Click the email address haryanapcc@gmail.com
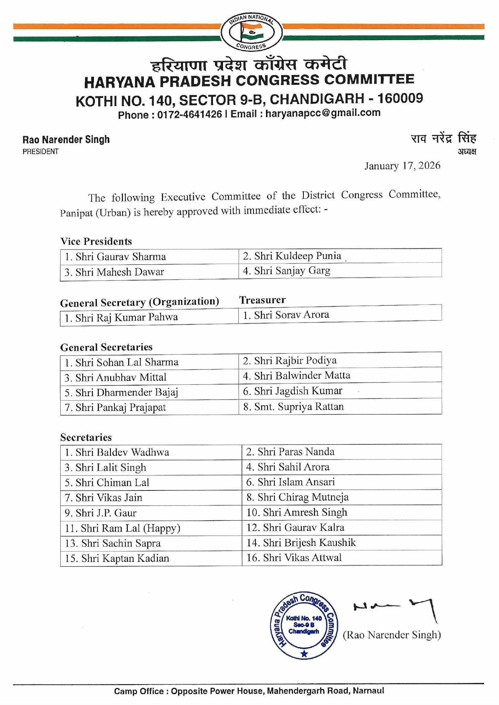coord(323,113)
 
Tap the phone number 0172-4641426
coord(189,114)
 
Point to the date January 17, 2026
coord(402,166)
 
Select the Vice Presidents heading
coord(96,241)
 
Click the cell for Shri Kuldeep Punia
coord(297,256)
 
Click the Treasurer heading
coord(262,300)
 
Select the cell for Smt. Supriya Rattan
coord(299,407)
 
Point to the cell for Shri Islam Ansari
coord(296,482)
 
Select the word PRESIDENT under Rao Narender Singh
coord(41,151)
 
